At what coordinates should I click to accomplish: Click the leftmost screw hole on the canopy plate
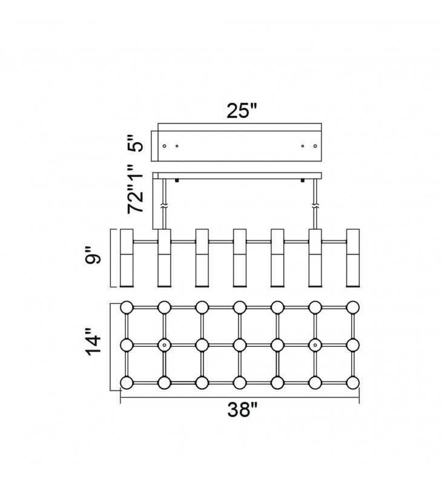(165, 146)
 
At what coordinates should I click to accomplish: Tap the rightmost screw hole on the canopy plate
(315, 146)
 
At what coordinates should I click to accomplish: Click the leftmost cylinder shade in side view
(127, 257)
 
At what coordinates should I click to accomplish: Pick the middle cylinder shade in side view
(240, 257)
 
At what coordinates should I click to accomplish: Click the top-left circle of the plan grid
(127, 307)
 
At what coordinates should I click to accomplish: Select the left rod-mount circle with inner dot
(164, 345)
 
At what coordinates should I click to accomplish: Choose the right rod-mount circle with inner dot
(315, 345)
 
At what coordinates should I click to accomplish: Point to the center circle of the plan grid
(240, 345)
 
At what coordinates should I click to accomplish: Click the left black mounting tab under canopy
(177, 180)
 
